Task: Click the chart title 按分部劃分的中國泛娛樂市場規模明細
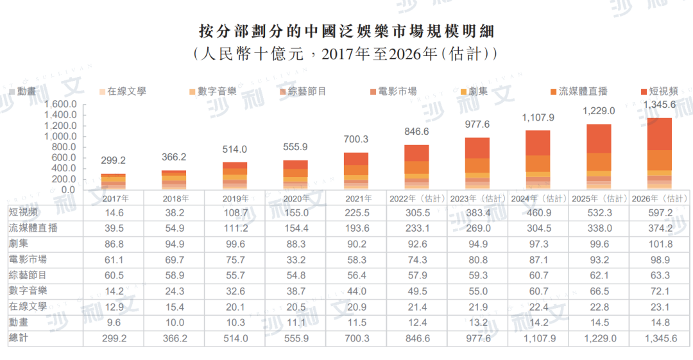(346, 31)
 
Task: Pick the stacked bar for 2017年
(113, 182)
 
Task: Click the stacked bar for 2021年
(356, 171)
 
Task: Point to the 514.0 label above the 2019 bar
(234, 150)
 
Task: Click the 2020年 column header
(295, 198)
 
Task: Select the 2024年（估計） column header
(538, 198)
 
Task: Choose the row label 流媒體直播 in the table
(33, 228)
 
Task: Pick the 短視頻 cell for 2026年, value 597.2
(659, 212)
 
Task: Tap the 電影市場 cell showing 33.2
(295, 259)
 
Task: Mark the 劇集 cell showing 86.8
(113, 244)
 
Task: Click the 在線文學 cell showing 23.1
(659, 306)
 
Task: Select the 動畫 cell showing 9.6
(113, 321)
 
